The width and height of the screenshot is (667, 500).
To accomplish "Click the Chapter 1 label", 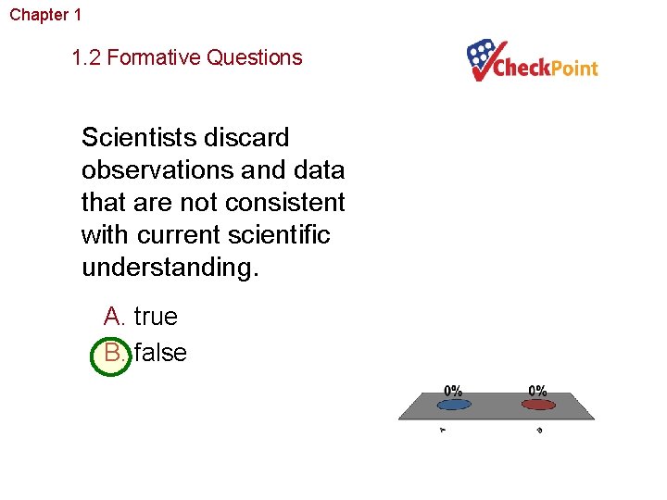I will [45, 15].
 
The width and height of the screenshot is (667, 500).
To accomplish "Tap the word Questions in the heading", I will [254, 57].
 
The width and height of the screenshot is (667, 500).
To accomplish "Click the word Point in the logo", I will [573, 69].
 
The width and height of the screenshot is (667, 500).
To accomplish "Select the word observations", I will [155, 170].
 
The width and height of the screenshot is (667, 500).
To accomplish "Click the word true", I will [156, 317].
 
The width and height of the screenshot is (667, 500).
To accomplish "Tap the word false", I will [160, 353].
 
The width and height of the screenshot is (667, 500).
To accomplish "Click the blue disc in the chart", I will [452, 404].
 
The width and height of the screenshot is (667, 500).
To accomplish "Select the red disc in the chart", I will [537, 404].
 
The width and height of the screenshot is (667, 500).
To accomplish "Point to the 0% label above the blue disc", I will [453, 390].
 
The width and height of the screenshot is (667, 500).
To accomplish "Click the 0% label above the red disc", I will [537, 390].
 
